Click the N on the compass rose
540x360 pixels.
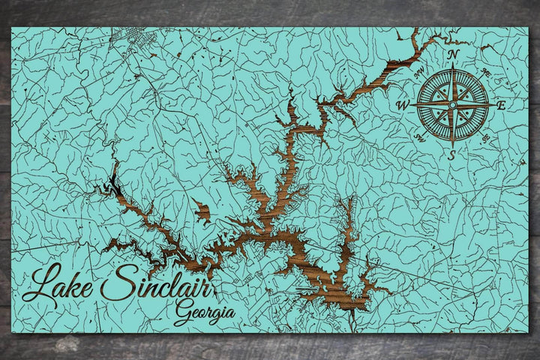452,54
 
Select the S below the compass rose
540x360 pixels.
451,155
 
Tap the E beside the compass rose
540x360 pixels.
502,105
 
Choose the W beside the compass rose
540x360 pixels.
403,106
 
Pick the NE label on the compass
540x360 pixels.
485,72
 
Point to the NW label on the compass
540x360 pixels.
419,72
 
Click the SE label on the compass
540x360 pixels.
486,137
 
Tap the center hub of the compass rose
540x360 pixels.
452,105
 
